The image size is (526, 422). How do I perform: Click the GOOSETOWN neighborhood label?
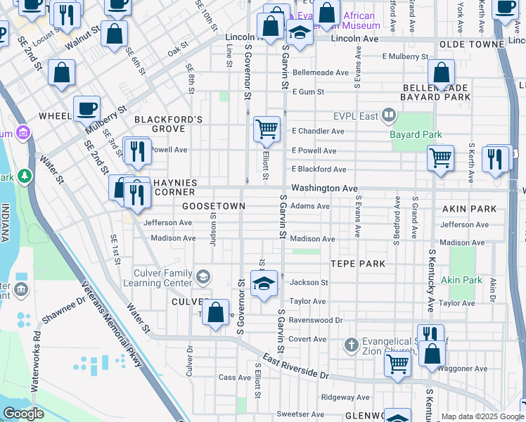(214, 206)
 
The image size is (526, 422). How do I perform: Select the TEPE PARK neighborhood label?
(358, 264)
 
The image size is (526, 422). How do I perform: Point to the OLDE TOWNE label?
(466, 44)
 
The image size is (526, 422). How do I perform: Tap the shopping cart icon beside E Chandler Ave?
(267, 129)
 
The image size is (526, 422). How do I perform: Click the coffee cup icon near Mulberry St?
(86, 109)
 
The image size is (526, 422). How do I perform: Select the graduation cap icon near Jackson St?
(264, 283)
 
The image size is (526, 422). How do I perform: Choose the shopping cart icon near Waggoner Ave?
(397, 364)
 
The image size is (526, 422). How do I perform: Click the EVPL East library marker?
(388, 115)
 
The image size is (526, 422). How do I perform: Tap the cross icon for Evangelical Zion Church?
(352, 345)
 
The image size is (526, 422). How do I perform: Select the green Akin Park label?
(461, 280)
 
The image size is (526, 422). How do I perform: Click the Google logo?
(23, 414)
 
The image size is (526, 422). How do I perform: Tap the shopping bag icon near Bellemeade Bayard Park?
(441, 72)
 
